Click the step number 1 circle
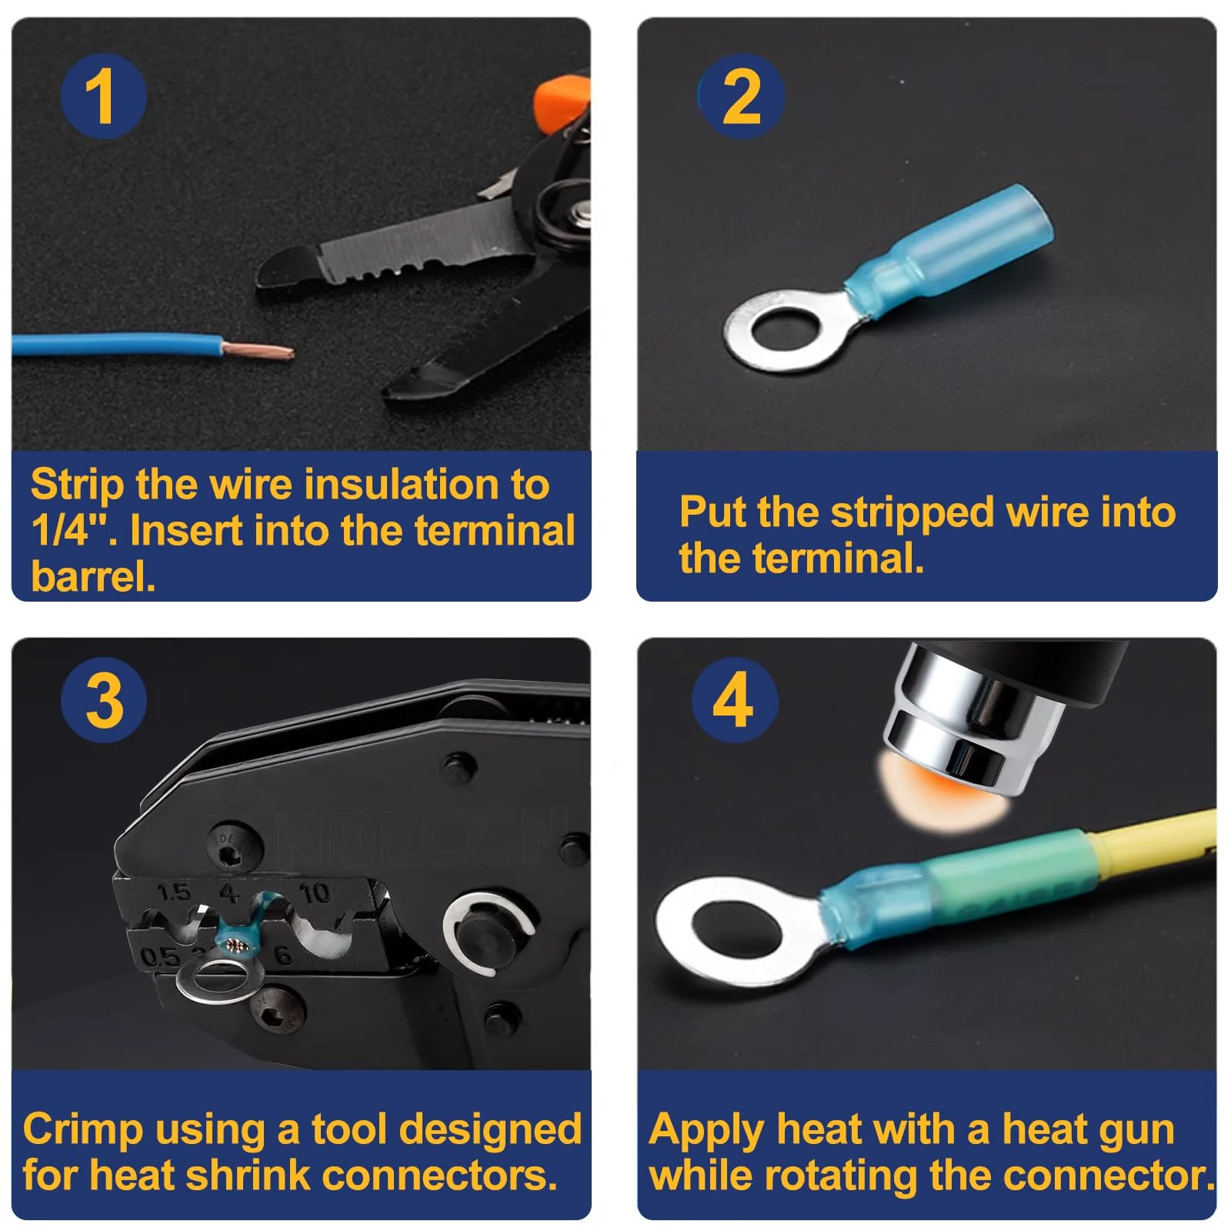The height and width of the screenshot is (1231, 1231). click(104, 96)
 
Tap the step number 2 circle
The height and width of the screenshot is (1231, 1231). click(741, 96)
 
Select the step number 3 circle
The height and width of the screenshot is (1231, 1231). click(104, 700)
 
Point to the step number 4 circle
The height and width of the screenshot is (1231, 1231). click(735, 700)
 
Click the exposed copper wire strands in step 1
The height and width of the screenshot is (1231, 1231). click(258, 351)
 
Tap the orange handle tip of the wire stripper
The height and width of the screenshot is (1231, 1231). click(562, 102)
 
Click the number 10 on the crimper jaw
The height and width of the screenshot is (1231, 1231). click(314, 892)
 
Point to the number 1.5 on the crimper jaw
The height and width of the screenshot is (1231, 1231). click(173, 892)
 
